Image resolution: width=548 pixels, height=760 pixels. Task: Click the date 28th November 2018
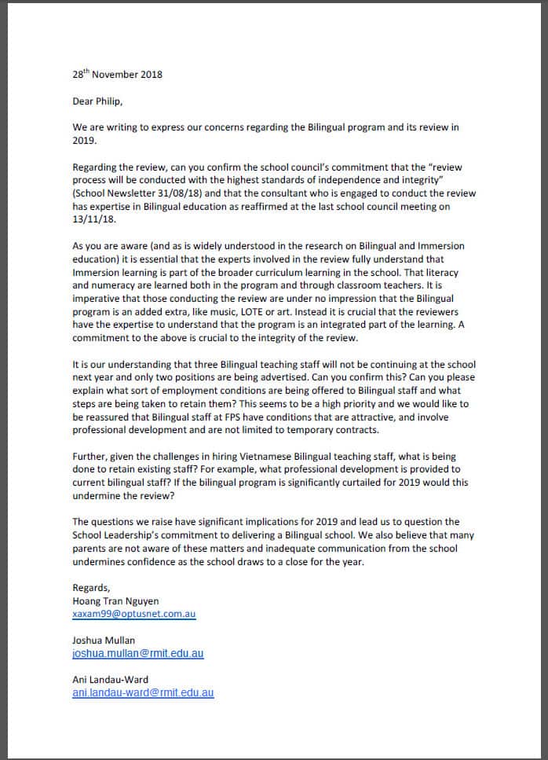point(117,75)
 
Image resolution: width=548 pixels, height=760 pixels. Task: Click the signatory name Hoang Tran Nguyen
point(114,600)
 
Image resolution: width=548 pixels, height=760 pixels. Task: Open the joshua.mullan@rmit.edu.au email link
point(137,653)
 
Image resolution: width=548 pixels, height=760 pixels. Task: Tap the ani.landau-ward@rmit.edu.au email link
point(142,692)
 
